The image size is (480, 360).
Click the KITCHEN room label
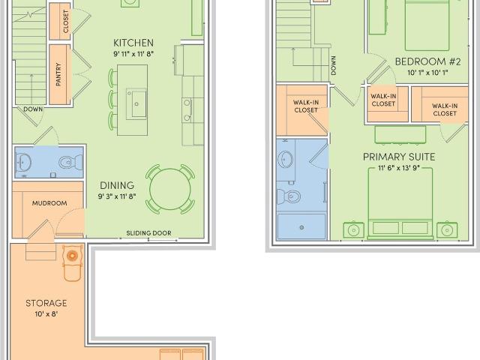point(133,43)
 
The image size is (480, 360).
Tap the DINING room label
point(117,185)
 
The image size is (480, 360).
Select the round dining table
point(170,189)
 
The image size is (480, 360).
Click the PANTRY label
point(58,74)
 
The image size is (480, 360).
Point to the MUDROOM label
point(49,203)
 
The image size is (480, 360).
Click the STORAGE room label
point(46,303)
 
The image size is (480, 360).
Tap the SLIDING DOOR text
point(148,233)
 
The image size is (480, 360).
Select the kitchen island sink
point(136,103)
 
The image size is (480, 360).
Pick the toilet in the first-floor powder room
point(70,162)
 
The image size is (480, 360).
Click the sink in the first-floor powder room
point(24,162)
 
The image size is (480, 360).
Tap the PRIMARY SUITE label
point(399,157)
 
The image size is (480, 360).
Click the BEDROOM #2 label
point(427,61)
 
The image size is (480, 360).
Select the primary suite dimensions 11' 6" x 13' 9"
point(398,168)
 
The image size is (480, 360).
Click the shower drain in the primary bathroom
point(301,227)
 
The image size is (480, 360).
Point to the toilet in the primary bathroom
point(289,196)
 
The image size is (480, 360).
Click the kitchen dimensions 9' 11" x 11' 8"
point(133,54)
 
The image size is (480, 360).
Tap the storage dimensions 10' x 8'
point(46,314)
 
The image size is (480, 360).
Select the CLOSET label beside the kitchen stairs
point(66,22)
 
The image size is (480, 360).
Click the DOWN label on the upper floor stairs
point(333,65)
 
